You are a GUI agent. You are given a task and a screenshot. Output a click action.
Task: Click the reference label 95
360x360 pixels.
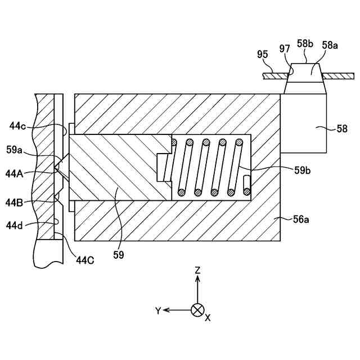(x=262, y=55)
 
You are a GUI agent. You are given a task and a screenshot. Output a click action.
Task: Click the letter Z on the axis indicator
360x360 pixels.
(x=197, y=271)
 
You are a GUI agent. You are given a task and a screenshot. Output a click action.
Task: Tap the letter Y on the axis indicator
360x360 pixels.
(x=159, y=310)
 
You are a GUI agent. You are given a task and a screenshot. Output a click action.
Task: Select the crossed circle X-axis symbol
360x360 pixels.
(x=197, y=309)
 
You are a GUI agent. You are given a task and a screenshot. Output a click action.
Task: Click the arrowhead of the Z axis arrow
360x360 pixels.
(x=197, y=280)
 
